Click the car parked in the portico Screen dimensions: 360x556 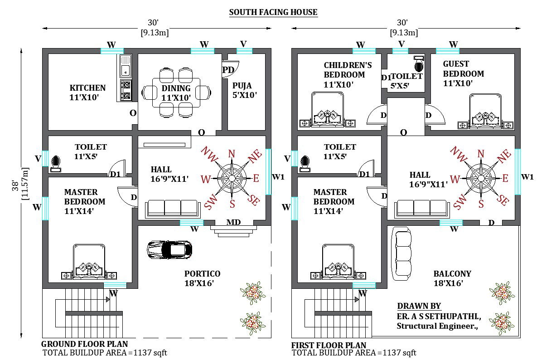pos(169,249)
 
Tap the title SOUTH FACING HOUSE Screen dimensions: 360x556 pos(273,12)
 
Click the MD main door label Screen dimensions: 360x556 pos(233,222)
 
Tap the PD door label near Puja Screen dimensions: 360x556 pos(228,70)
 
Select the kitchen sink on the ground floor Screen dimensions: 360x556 pos(125,66)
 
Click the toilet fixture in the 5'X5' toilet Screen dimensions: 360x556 pos(419,64)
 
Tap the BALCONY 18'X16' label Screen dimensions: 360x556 pos(452,278)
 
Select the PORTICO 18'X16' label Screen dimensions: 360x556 pos(202,278)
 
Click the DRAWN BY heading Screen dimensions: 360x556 pos(419,306)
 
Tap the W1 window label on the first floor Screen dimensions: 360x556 pos(527,177)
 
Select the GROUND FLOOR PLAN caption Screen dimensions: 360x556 pos(84,344)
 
